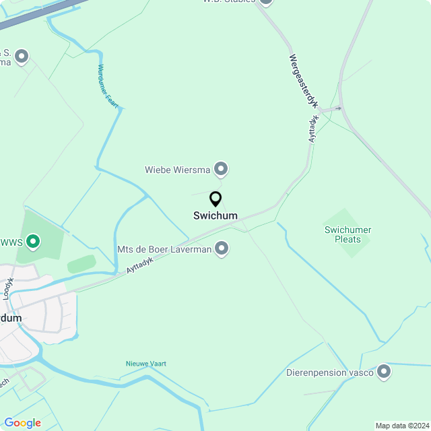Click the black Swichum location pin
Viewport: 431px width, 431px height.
215,199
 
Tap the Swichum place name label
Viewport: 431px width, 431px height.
215,216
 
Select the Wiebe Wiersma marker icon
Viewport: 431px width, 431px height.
221,168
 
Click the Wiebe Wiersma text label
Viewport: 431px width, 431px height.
178,170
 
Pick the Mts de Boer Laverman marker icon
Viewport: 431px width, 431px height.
222,249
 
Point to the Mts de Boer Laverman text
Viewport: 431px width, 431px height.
164,250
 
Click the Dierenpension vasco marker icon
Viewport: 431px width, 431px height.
384,371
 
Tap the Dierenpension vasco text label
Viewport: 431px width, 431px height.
330,372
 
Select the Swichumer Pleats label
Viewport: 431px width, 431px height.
347,234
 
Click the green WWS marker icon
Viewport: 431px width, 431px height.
32,240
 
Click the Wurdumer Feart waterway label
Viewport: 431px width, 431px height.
108,86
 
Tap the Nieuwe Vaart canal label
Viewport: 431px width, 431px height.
145,364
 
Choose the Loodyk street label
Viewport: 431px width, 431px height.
8,288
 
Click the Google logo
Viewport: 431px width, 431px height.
22,423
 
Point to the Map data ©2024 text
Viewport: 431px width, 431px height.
403,426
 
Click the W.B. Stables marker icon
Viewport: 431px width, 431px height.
266,2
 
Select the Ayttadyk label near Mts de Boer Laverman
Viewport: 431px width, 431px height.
140,265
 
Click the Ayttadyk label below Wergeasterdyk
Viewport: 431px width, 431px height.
314,128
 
